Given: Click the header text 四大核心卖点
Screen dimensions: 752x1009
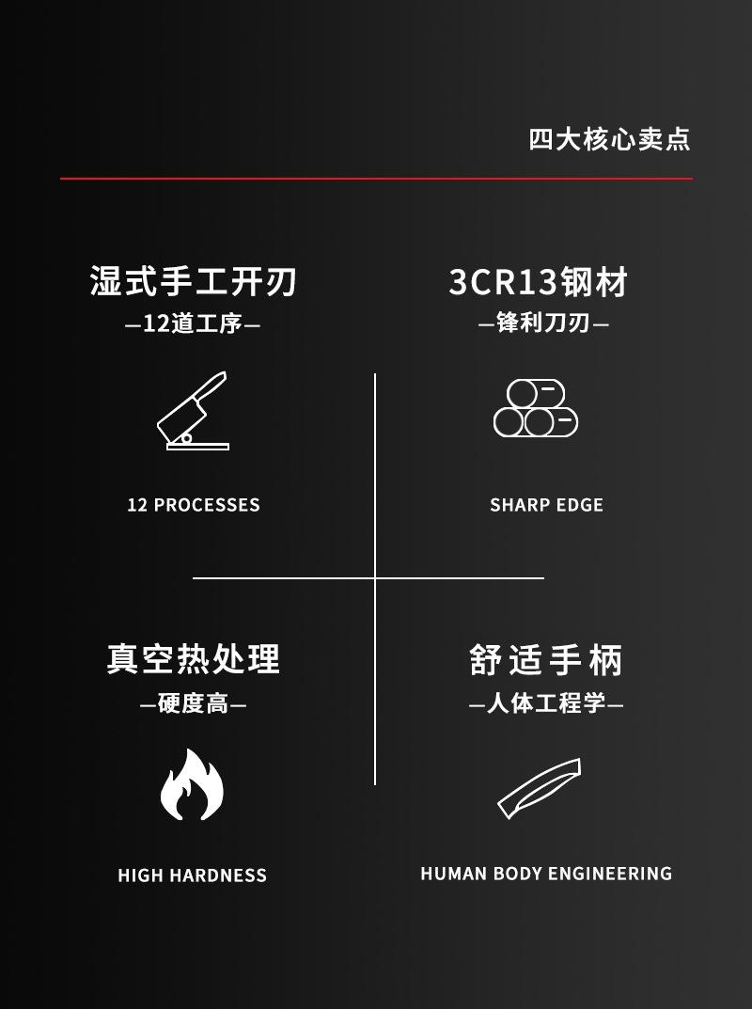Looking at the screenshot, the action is pyautogui.click(x=609, y=139).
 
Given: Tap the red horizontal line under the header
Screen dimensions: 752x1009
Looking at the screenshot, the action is pyautogui.click(x=376, y=178).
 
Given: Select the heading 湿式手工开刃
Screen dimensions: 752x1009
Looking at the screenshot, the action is pyautogui.click(x=194, y=281).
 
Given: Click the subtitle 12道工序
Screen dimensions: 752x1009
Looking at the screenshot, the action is pyautogui.click(x=193, y=324).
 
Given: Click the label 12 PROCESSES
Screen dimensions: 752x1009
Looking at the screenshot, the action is pyautogui.click(x=194, y=505).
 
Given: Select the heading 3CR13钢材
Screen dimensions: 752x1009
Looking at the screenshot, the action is pyautogui.click(x=539, y=282).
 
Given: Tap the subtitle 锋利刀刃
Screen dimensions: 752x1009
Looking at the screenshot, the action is pyautogui.click(x=543, y=323).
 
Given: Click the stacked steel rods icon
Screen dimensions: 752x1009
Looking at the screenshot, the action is pyautogui.click(x=536, y=409).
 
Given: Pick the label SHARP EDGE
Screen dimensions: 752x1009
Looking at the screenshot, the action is pyautogui.click(x=546, y=505).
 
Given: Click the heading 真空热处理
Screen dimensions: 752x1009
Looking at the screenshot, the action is pyautogui.click(x=194, y=658).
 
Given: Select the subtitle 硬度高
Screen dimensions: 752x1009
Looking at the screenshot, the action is pyautogui.click(x=193, y=703).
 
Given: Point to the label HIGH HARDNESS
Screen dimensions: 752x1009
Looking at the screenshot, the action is pyautogui.click(x=193, y=875).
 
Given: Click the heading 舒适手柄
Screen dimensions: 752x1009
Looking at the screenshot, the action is pyautogui.click(x=546, y=659).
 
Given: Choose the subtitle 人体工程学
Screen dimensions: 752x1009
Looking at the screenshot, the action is pyautogui.click(x=546, y=703).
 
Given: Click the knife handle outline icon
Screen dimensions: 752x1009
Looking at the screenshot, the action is pyautogui.click(x=540, y=788).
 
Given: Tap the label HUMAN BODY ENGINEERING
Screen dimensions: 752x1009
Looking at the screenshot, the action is pyautogui.click(x=546, y=874).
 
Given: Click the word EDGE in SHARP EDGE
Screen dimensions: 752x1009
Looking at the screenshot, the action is pyautogui.click(x=579, y=505).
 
